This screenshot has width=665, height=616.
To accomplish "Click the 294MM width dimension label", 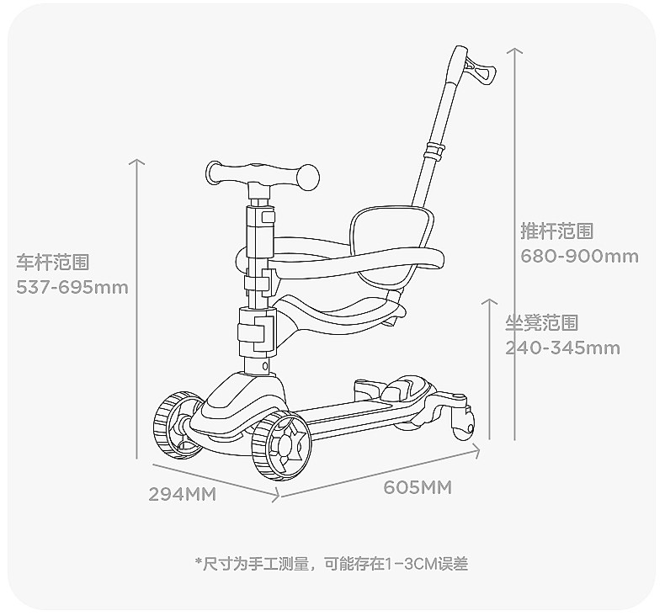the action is (183, 495).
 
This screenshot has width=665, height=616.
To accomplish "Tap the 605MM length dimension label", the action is (418, 488).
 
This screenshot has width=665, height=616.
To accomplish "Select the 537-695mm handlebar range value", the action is (72, 288).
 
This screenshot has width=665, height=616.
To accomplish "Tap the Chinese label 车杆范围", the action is (52, 263).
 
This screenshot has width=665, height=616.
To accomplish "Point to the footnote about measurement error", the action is (331, 563).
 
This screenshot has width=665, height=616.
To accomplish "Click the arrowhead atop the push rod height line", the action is (515, 50).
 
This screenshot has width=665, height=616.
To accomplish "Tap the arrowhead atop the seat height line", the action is (490, 300).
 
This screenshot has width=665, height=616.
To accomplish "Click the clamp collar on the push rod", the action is (434, 151).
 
